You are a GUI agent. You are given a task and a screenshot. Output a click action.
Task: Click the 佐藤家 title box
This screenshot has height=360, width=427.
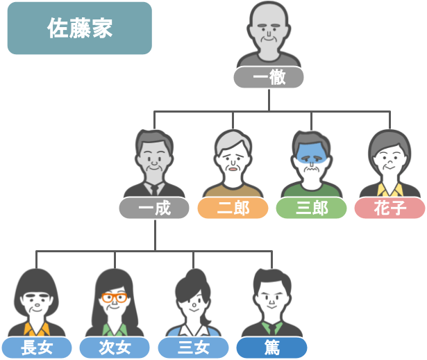(80, 28)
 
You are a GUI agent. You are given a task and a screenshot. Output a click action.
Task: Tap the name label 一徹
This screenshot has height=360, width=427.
(269, 77)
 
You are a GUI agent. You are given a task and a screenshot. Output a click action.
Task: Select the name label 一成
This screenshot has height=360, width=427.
(154, 208)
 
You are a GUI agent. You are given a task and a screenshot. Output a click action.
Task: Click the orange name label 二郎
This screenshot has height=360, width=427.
(233, 208)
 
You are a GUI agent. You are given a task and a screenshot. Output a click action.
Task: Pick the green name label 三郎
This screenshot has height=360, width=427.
(311, 208)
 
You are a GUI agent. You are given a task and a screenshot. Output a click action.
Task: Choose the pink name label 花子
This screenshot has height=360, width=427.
(390, 208)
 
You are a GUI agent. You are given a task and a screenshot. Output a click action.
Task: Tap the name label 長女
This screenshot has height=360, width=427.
(37, 347)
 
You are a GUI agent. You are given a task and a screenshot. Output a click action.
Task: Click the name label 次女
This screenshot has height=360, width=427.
(115, 347)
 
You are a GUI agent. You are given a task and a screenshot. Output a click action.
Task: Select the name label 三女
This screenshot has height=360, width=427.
(193, 347)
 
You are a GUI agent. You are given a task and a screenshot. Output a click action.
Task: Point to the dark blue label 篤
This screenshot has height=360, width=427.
(271, 347)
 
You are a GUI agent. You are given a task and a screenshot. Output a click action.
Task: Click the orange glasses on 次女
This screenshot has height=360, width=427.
(115, 297)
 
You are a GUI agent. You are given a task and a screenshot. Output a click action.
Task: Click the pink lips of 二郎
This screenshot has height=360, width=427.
(233, 169)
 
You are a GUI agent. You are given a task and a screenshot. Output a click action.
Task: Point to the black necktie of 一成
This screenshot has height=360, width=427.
(155, 190)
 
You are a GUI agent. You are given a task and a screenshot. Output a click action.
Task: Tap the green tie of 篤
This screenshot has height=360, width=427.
(271, 329)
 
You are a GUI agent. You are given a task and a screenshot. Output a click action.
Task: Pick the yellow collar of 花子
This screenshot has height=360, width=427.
(390, 190)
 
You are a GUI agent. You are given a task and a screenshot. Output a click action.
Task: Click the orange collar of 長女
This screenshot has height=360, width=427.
(37, 329)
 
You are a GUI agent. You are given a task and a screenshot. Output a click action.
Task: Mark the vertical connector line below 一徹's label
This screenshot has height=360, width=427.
(269, 100)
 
